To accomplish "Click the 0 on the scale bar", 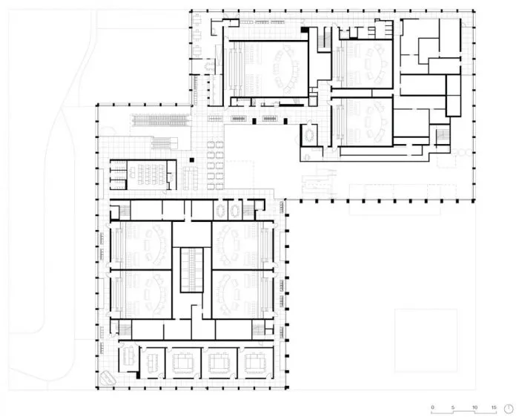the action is pos(432,407).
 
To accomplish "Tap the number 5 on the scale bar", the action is pos(453,407).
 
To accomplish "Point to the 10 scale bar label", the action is pos(475,407).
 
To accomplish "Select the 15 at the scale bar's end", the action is pos(494,407).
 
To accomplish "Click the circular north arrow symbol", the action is pos(509,409).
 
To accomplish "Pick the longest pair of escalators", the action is pos(161,120).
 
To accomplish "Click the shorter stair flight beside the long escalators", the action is pos(165,143).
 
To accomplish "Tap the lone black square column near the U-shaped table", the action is pos(191,160).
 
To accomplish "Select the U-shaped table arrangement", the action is pos(191,178).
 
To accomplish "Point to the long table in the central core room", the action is pos(191,269).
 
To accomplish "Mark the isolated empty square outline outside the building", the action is pos(426,340).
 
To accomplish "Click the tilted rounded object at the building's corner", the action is pos(107,378).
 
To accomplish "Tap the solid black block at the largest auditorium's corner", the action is pos(305,30).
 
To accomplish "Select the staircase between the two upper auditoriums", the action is pos(325,39).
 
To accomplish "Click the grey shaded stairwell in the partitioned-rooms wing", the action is pos(443,135).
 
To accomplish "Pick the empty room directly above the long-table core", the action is pos(192,234).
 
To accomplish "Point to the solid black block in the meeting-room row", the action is pos(139,375).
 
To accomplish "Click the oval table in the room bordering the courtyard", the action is pos(309,135).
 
